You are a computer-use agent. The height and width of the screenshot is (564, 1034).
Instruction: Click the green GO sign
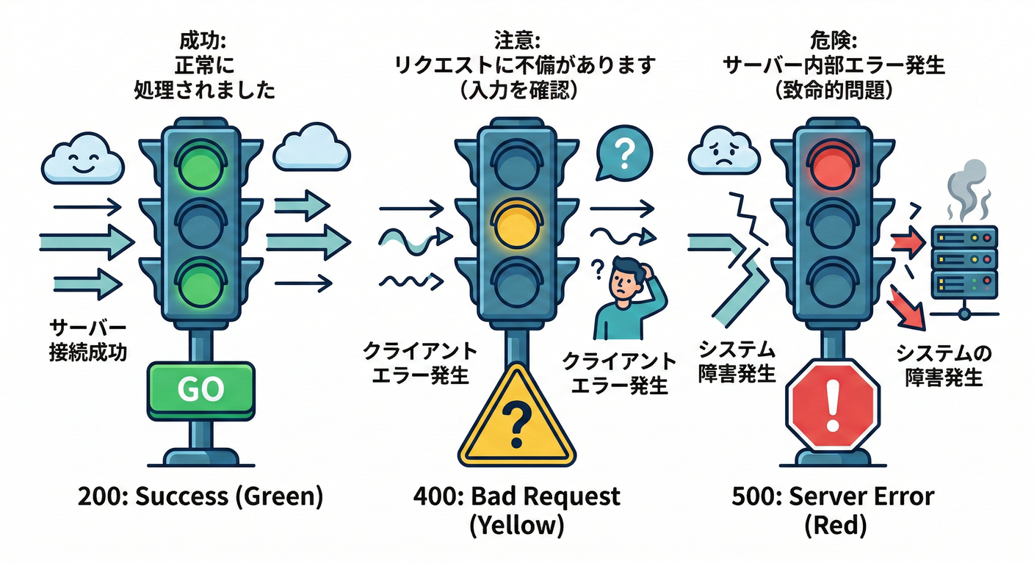(x=200, y=390)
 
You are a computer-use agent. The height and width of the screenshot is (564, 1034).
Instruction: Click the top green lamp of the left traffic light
(x=200, y=162)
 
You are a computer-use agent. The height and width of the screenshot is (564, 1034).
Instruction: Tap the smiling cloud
(x=82, y=162)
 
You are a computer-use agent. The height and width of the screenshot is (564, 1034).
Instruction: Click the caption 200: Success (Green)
(x=200, y=497)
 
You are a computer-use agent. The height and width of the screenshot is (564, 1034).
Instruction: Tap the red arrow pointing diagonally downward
(x=906, y=308)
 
